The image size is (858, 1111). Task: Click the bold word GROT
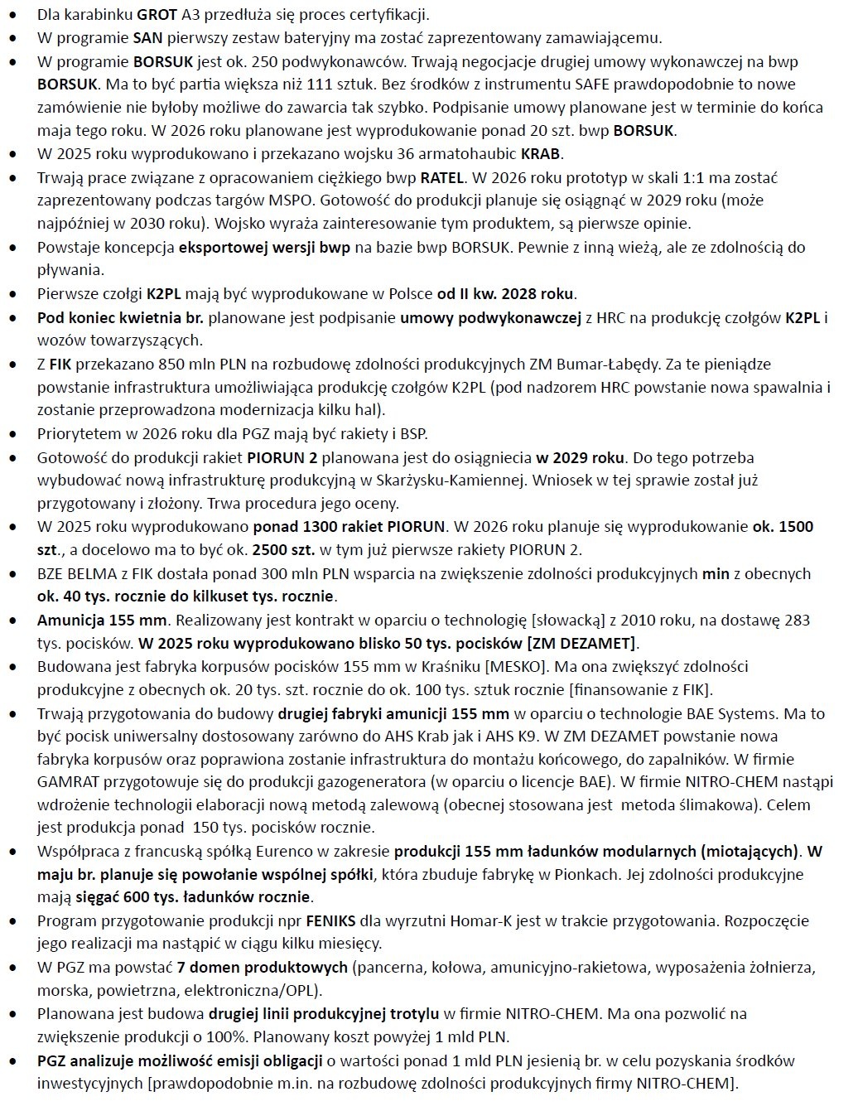[x=153, y=15]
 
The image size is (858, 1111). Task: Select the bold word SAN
[x=147, y=38]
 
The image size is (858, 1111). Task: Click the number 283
[x=794, y=620]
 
